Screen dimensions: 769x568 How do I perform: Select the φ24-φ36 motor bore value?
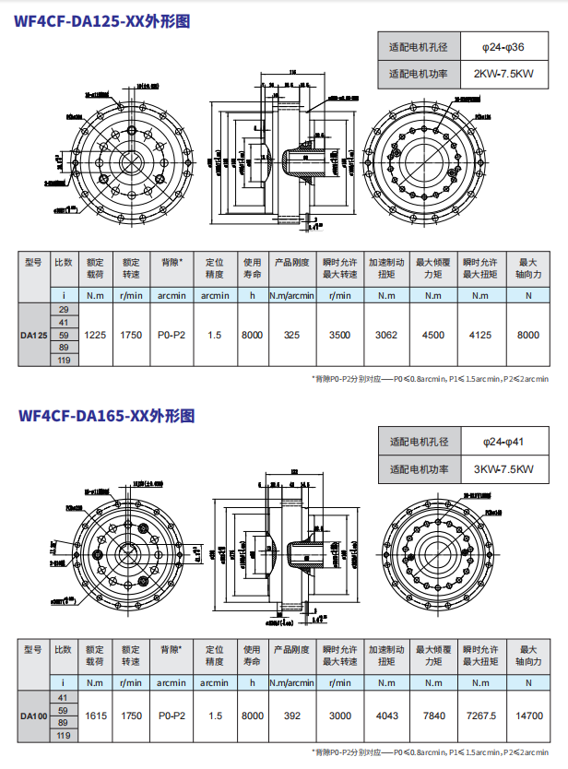[503, 46]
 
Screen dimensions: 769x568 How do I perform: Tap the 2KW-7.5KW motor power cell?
[503, 74]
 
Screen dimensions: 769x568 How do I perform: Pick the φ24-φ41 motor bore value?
[503, 442]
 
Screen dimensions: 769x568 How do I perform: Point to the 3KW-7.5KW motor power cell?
[503, 469]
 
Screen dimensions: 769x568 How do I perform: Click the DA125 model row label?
[34, 335]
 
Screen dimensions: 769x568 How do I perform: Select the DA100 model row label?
[34, 716]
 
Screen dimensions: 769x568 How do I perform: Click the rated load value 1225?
[95, 335]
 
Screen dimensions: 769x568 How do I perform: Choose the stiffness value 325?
[292, 335]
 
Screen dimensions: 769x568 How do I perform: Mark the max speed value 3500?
[340, 335]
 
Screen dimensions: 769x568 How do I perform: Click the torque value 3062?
[386, 335]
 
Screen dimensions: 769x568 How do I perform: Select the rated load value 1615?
[95, 716]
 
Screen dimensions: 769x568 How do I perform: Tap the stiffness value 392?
[292, 716]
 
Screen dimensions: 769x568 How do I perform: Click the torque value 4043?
[386, 716]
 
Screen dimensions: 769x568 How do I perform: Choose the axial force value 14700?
[528, 716]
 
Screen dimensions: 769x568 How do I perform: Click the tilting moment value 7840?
[433, 716]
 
